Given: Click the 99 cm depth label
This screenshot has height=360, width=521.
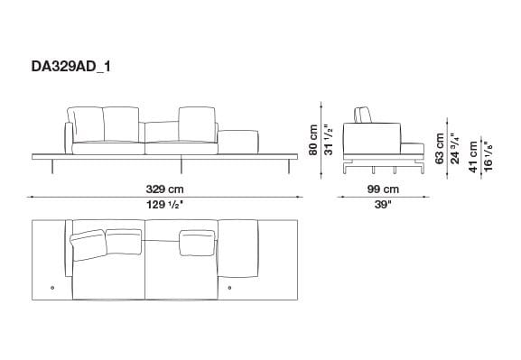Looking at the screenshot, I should (383, 189).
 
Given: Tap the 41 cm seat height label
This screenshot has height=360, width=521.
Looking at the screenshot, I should (472, 155).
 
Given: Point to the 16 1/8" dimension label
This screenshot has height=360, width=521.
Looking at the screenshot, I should (488, 154).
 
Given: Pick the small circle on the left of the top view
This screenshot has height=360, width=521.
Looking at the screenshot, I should (53, 287).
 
